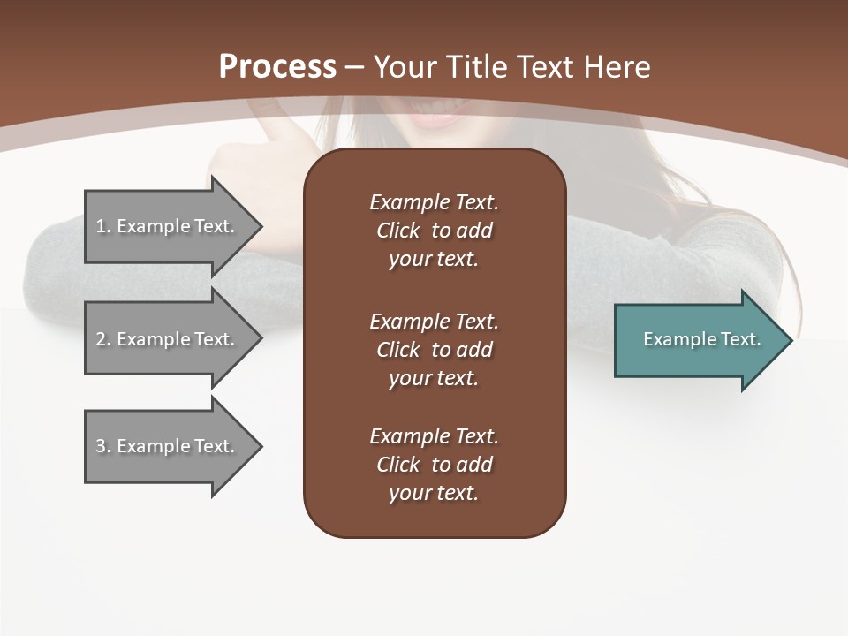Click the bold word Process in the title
277,67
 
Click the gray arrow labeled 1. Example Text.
168,226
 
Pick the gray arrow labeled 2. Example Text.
168,339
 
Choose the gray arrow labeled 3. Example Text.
168,446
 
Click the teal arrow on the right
698,339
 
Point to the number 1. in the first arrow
102,226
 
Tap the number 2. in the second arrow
102,339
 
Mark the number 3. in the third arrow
102,446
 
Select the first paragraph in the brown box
434,231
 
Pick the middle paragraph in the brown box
434,350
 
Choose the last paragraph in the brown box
434,465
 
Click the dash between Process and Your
355,67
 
